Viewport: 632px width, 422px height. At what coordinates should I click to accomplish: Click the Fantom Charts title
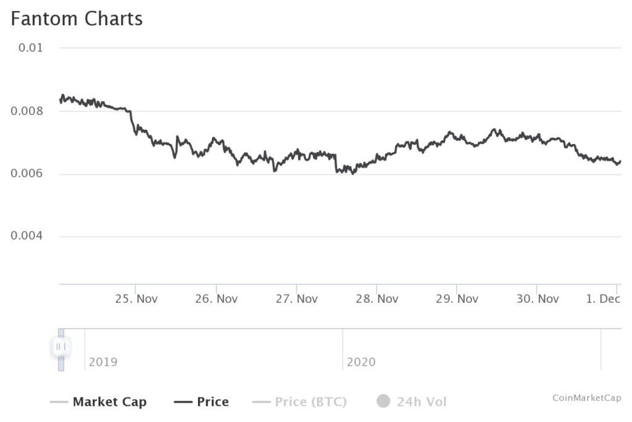click(77, 19)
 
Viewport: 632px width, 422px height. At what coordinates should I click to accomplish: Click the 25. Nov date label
click(136, 299)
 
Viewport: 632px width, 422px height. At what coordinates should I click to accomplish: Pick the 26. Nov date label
click(217, 299)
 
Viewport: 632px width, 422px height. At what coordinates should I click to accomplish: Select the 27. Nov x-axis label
click(297, 299)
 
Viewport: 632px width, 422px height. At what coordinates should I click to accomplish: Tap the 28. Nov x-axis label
click(377, 299)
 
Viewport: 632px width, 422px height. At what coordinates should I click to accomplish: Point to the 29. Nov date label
click(457, 299)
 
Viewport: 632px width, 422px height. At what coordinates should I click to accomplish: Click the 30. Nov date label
click(538, 299)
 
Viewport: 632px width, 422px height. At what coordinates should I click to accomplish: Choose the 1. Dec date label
click(602, 299)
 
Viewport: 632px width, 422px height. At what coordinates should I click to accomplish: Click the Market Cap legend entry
click(110, 402)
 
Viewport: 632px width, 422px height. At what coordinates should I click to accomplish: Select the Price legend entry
click(212, 402)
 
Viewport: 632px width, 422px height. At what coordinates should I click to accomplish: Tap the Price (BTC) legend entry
click(310, 402)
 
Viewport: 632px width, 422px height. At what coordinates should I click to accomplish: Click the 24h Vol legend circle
click(383, 402)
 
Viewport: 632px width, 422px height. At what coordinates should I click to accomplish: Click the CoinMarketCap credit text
click(586, 398)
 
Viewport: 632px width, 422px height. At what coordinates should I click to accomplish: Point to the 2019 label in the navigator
click(103, 362)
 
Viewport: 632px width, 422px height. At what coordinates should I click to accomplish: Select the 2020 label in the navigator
click(361, 362)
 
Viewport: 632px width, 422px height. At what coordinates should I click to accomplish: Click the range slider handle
click(60, 347)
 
